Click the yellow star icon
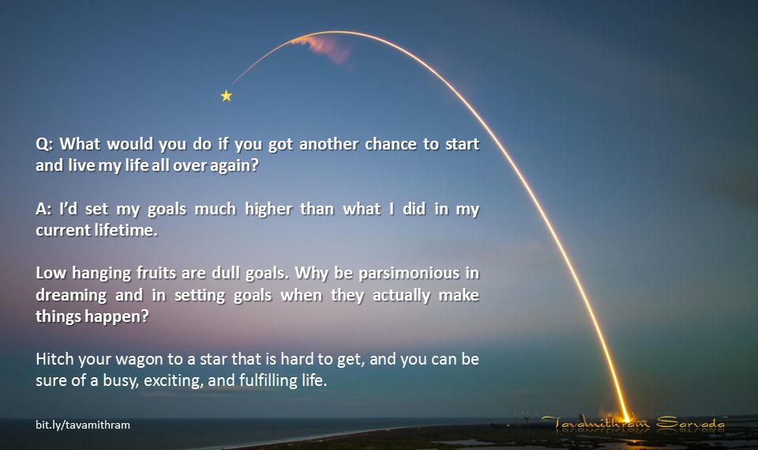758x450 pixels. pyautogui.click(x=227, y=96)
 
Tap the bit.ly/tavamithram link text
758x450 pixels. pyautogui.click(x=83, y=425)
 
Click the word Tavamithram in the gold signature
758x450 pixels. pyautogui.click(x=595, y=423)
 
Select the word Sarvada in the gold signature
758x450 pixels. pyautogui.click(x=690, y=423)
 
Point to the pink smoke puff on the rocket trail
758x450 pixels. pyautogui.click(x=325, y=47)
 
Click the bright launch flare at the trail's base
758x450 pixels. pyautogui.click(x=626, y=418)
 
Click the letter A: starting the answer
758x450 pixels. pyautogui.click(x=43, y=209)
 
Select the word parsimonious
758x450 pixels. pyautogui.click(x=409, y=274)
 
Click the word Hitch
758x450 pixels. pyautogui.click(x=54, y=359)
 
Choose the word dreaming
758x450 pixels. pyautogui.click(x=71, y=296)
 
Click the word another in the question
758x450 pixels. pyautogui.click(x=328, y=145)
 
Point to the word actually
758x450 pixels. pyautogui.click(x=401, y=296)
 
